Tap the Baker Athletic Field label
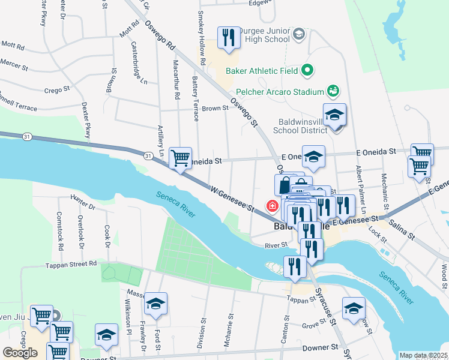pos(262,71)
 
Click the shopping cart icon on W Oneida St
pos(180,159)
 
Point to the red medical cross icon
pos(273,206)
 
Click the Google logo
pos(20,353)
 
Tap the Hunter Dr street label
pos(83,205)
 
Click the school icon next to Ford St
pos(155,304)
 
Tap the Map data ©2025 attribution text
pos(423,355)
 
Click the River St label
pos(276,245)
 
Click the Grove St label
pos(313,326)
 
